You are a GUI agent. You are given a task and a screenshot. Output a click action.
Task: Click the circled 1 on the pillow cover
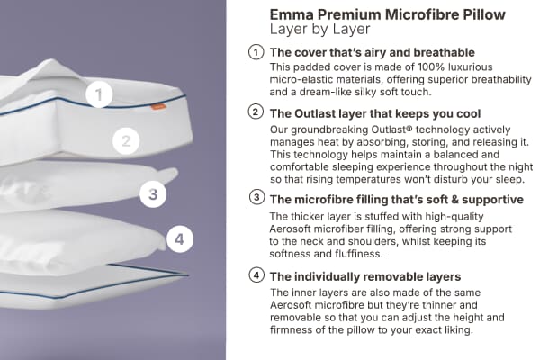(100, 94)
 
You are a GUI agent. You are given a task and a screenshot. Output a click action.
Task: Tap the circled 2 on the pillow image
(127, 140)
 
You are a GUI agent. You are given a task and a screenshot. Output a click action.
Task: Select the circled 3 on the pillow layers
(154, 193)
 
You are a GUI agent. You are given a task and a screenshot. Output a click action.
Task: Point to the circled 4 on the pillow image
(180, 238)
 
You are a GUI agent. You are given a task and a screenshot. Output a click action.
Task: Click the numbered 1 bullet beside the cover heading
(256, 52)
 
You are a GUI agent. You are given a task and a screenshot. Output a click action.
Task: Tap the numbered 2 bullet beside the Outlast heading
(256, 112)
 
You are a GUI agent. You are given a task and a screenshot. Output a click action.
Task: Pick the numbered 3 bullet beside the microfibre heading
(256, 197)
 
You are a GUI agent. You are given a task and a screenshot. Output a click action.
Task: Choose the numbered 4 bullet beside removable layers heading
(256, 275)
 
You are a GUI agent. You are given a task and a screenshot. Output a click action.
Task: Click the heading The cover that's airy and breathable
(373, 52)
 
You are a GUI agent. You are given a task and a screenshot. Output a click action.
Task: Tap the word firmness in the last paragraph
(298, 331)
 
